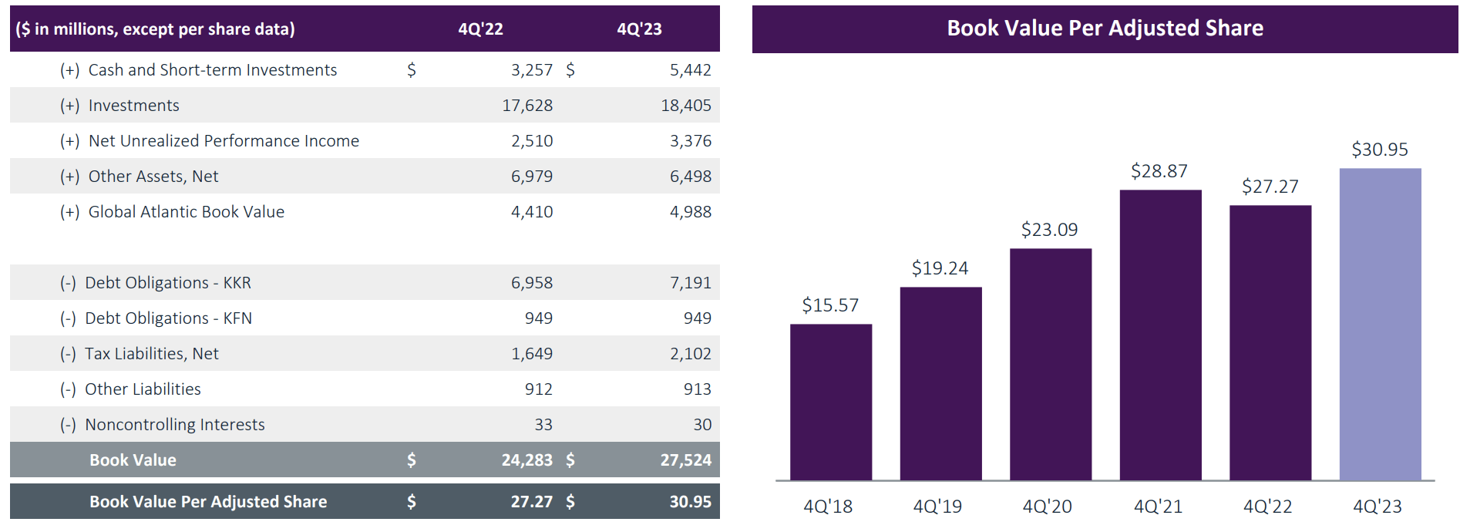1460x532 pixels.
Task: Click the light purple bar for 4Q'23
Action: point(1380,324)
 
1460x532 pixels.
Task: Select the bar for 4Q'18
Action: point(830,402)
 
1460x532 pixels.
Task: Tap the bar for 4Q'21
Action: point(1160,335)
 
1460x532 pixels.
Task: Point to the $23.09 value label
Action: point(1049,230)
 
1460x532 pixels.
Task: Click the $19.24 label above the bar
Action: point(940,268)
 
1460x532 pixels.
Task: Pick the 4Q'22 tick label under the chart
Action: point(1267,507)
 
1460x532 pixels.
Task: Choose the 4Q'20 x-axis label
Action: point(1047,507)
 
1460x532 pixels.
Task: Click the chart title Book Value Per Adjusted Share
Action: point(1105,29)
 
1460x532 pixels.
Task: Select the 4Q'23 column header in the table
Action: point(639,29)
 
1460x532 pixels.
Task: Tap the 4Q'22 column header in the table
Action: point(480,29)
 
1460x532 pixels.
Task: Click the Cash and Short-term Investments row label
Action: point(212,70)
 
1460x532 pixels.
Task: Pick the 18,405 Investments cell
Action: point(685,106)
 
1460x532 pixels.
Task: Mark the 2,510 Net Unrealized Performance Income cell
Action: point(532,141)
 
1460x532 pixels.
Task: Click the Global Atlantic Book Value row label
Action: point(186,212)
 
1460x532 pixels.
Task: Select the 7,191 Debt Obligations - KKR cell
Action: point(690,283)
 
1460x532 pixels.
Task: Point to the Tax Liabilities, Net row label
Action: point(151,354)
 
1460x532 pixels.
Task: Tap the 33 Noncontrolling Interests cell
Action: point(543,425)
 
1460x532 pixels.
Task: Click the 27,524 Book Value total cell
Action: point(685,460)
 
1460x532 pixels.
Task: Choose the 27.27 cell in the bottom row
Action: point(531,502)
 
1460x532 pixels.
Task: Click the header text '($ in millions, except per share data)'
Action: point(155,29)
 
